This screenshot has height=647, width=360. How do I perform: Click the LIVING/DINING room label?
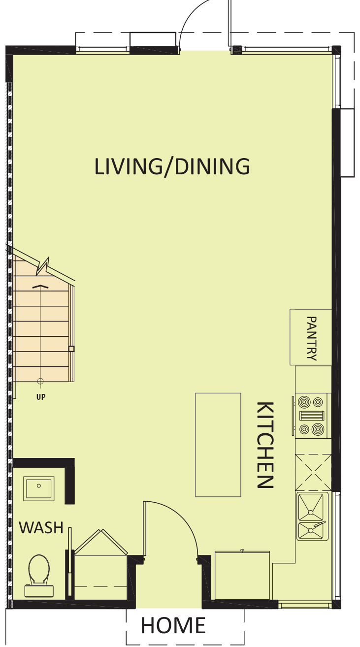pos(172,166)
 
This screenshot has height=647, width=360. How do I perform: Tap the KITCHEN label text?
pos(265,445)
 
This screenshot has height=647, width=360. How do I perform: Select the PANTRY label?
pos(311,338)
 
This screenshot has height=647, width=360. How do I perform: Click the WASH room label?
pos(41,527)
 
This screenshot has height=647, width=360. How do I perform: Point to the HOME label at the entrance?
pos(173,625)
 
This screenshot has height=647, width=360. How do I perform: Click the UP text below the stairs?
pos(41,397)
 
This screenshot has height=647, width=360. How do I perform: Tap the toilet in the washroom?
pos(39,576)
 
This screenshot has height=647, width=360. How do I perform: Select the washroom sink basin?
pos(39,488)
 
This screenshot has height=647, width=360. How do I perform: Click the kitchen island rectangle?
pos(218,445)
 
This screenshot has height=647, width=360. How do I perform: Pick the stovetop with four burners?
pos(311,416)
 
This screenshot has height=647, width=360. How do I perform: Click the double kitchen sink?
pos(312,516)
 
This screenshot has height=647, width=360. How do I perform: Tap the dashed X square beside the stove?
pos(313,472)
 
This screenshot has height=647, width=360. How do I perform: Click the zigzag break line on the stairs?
pos(43,266)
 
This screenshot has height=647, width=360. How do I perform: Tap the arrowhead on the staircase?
pos(40,286)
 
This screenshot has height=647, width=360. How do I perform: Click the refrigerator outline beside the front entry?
pos(242,575)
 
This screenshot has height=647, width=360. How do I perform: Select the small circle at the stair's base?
pos(40,381)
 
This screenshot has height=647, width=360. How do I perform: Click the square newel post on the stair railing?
pos(71,349)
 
